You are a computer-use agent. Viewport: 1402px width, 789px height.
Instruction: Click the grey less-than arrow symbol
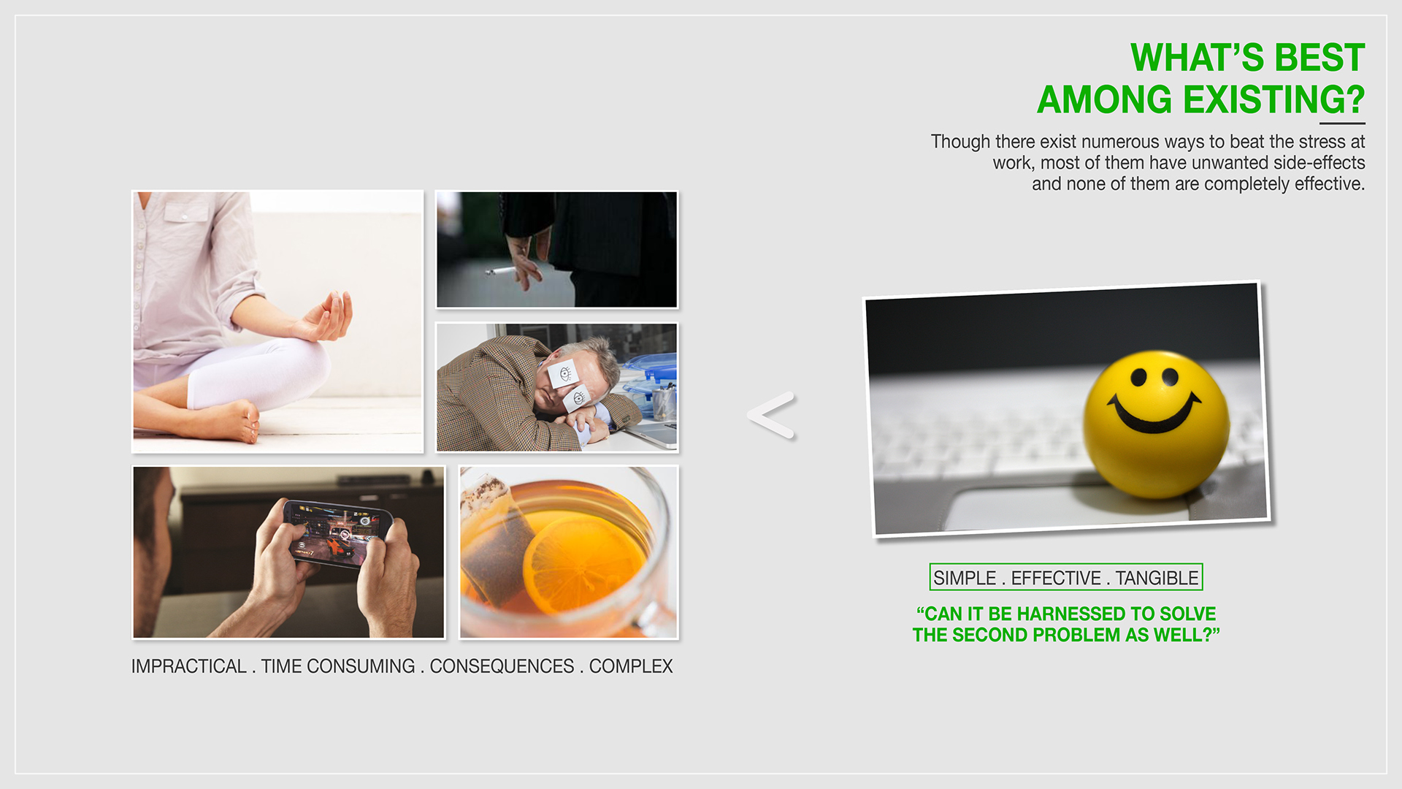tap(771, 416)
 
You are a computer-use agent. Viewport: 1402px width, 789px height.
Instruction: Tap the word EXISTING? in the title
tap(1273, 99)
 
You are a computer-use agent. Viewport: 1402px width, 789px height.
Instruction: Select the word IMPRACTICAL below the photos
tap(188, 666)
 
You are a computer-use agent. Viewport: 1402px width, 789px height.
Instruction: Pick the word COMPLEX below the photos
tap(631, 666)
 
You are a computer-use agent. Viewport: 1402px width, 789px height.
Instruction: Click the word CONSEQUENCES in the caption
tap(502, 666)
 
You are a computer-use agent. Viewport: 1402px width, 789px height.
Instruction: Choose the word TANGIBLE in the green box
tap(1157, 578)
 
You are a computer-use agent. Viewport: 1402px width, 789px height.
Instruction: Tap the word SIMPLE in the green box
tap(965, 578)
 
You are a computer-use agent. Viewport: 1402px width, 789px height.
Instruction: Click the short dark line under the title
tap(1342, 123)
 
